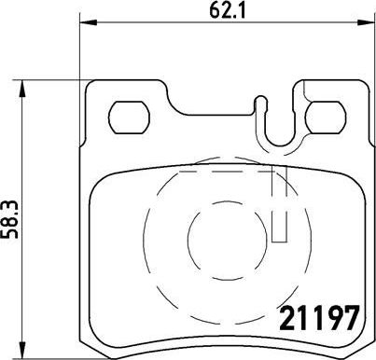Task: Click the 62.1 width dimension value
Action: pos(228,11)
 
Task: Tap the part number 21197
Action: pos(319,318)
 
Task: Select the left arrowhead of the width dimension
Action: pos(89,22)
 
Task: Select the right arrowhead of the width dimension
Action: pos(366,22)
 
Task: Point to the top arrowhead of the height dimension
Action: pos(21,90)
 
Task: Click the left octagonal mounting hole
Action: pos(129,118)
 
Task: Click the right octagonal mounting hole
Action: pos(326,118)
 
